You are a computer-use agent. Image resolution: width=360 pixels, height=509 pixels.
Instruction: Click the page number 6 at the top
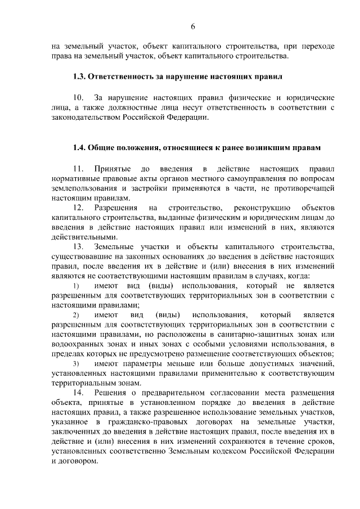193,27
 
